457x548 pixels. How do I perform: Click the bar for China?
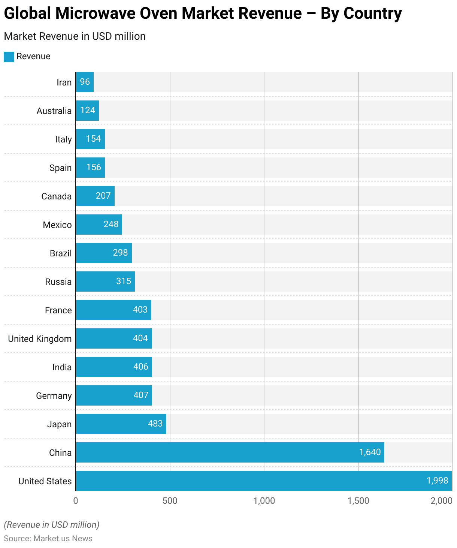pos(230,452)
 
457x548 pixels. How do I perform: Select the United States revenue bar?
pos(263,481)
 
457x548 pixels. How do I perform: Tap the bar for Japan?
pos(121,424)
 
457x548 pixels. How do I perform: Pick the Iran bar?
pos(85,82)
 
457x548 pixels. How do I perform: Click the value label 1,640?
pos(370,452)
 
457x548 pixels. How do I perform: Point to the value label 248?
pos(111,224)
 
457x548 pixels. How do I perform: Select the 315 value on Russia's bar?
pos(124,281)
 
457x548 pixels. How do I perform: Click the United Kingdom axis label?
pos(40,339)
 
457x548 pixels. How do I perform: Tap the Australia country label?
pos(54,111)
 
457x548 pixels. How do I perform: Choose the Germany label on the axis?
pos(54,396)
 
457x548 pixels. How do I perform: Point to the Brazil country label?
pos(61,253)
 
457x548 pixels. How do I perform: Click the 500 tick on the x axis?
pos(170,501)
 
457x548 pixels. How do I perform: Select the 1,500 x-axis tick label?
pos(358,501)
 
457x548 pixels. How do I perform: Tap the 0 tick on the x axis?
pos(76,501)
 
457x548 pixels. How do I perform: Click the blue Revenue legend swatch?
pos(9,57)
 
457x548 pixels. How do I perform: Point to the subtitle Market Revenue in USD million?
pos(75,36)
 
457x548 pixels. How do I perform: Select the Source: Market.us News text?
pos(48,539)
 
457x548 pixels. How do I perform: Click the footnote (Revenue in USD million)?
pos(52,525)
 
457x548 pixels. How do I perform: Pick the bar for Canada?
pos(95,196)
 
